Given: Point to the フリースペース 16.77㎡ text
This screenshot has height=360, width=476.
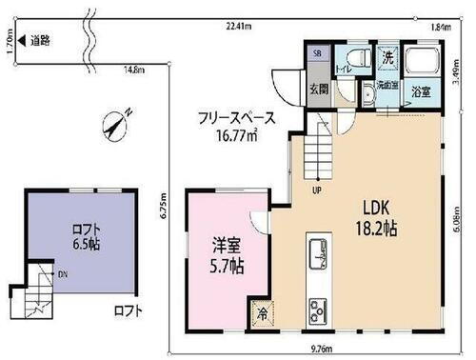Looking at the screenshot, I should [236, 126].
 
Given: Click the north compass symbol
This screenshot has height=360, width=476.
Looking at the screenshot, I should [117, 124].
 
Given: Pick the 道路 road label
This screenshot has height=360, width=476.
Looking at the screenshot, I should [39, 41].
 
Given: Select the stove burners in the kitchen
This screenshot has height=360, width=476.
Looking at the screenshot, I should [316, 310].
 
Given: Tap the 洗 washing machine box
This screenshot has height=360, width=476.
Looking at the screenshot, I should [387, 57].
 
